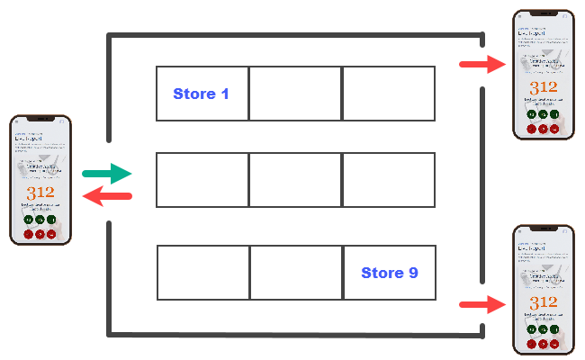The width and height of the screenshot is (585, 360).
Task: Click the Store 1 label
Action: (200, 94)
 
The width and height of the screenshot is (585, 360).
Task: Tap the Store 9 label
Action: (389, 273)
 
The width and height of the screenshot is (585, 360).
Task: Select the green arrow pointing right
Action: (106, 173)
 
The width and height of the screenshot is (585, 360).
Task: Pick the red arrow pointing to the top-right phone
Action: (482, 64)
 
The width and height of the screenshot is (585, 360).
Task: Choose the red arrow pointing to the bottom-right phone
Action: (482, 305)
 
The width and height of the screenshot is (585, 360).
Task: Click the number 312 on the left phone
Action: (40, 193)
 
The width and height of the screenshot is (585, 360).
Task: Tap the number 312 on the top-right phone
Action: (543, 87)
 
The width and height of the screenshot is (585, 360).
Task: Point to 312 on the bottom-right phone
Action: (543, 302)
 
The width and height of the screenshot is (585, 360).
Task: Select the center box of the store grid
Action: (294, 180)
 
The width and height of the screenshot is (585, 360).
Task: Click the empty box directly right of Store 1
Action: (294, 94)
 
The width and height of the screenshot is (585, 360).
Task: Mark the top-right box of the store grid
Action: (388, 94)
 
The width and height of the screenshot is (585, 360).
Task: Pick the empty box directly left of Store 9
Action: (295, 273)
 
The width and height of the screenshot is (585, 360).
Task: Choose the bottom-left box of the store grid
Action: (202, 273)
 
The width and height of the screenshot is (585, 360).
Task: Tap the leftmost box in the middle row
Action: (202, 180)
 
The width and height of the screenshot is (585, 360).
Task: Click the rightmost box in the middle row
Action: (388, 180)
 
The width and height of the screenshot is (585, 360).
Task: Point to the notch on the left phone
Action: (40, 120)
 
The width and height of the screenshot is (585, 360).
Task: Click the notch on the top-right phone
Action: (543, 14)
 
